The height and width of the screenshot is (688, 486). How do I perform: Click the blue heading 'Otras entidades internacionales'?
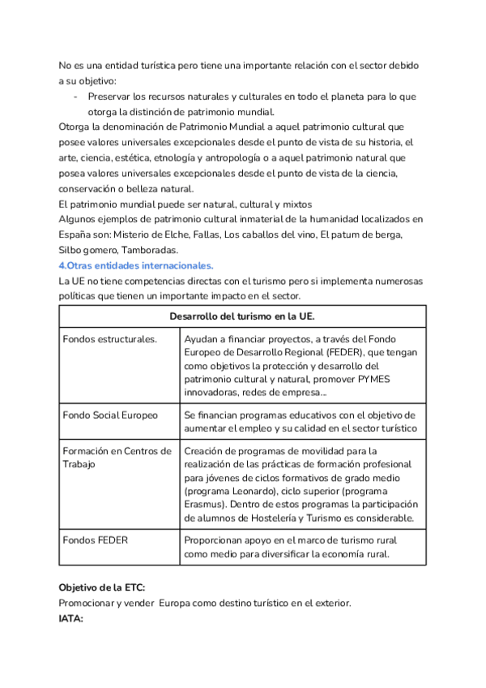pyautogui.click(x=138, y=265)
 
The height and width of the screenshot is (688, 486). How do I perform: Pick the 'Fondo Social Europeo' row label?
pyautogui.click(x=110, y=415)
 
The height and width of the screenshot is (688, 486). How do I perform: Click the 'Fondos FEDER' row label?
pyautogui.click(x=95, y=540)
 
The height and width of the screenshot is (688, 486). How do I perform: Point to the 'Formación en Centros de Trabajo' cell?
pyautogui.click(x=117, y=458)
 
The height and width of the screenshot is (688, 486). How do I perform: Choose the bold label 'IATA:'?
pyautogui.click(x=72, y=618)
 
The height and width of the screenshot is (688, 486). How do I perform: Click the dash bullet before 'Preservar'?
pyautogui.click(x=75, y=97)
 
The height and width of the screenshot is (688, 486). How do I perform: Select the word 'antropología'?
pyautogui.click(x=236, y=157)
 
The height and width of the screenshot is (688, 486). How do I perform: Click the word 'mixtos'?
pyautogui.click(x=297, y=203)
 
